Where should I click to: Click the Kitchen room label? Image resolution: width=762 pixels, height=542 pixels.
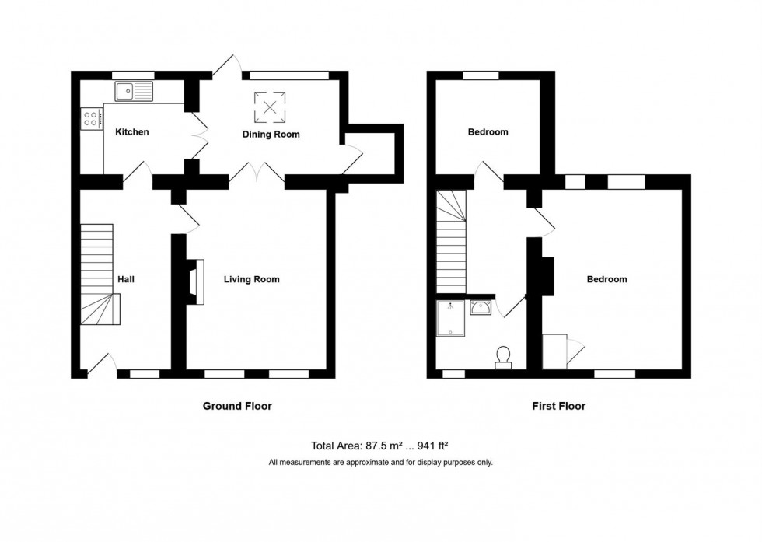click(132, 132)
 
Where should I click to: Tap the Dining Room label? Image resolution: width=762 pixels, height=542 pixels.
click(270, 135)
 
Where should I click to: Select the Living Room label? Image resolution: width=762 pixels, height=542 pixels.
click(251, 279)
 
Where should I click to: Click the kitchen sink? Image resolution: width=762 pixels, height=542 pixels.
click(135, 92)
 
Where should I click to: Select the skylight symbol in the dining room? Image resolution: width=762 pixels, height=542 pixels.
click(270, 107)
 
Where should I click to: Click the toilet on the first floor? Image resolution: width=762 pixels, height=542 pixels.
click(503, 356)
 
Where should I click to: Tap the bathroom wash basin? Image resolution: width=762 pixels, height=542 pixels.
click(481, 309)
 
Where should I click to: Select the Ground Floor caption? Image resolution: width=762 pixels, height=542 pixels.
click(237, 406)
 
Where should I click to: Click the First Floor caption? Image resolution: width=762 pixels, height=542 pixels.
click(558, 406)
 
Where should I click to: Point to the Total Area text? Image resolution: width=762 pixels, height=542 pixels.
click(380, 446)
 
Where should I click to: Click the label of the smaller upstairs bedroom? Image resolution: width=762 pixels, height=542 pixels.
click(488, 132)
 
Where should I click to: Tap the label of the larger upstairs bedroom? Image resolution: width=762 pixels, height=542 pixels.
click(606, 279)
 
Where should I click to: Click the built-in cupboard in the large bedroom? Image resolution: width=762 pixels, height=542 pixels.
click(555, 351)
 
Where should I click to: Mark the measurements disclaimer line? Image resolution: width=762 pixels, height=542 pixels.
click(380, 463)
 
